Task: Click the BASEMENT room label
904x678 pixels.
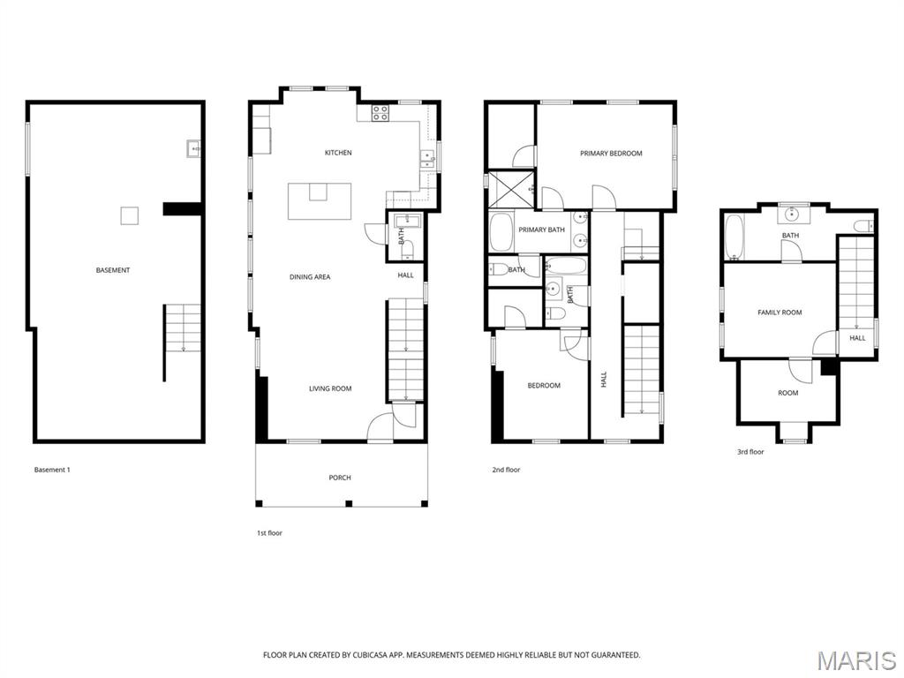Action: [113, 270]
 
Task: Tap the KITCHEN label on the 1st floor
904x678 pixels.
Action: [338, 153]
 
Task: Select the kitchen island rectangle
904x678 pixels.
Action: [320, 201]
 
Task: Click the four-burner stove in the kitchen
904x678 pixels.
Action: [380, 112]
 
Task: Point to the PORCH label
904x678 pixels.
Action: [340, 478]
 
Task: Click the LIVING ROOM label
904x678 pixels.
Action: [330, 388]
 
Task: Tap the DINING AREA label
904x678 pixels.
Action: [310, 277]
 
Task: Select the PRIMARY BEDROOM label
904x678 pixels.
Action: [611, 154]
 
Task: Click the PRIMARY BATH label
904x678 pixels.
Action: [541, 230]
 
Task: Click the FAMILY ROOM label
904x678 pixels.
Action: [780, 313]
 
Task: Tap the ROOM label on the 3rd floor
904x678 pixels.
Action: [787, 393]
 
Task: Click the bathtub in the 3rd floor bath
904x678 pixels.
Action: [734, 237]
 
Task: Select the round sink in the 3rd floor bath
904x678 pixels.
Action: [792, 213]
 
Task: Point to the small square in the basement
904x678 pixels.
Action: [130, 215]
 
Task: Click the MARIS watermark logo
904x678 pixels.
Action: [855, 660]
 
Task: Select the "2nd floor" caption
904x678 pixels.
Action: [506, 470]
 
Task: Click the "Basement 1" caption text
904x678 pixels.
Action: [52, 470]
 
